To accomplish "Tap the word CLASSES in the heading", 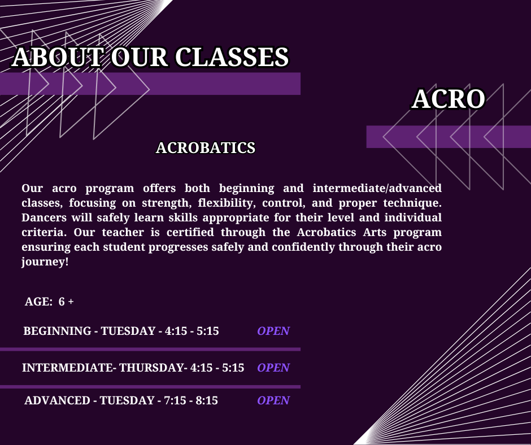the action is (232, 57).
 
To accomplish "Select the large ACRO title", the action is (449, 99).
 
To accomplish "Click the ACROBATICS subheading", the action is (206, 148).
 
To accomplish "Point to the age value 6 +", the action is (66, 302).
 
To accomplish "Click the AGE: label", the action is (38, 302).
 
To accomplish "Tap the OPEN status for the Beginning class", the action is (273, 331).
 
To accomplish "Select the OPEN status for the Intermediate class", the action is (273, 368).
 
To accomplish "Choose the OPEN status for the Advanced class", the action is (273, 400).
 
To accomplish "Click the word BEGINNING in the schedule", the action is (57, 331).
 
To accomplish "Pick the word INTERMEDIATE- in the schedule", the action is (68, 368).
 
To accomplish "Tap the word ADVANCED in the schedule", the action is (57, 400).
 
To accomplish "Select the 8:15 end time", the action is (207, 400).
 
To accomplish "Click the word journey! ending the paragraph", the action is (45, 262).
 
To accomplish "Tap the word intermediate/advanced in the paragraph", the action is (377, 188).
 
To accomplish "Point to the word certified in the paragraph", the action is (190, 232).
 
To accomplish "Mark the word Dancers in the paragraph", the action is (44, 217).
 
